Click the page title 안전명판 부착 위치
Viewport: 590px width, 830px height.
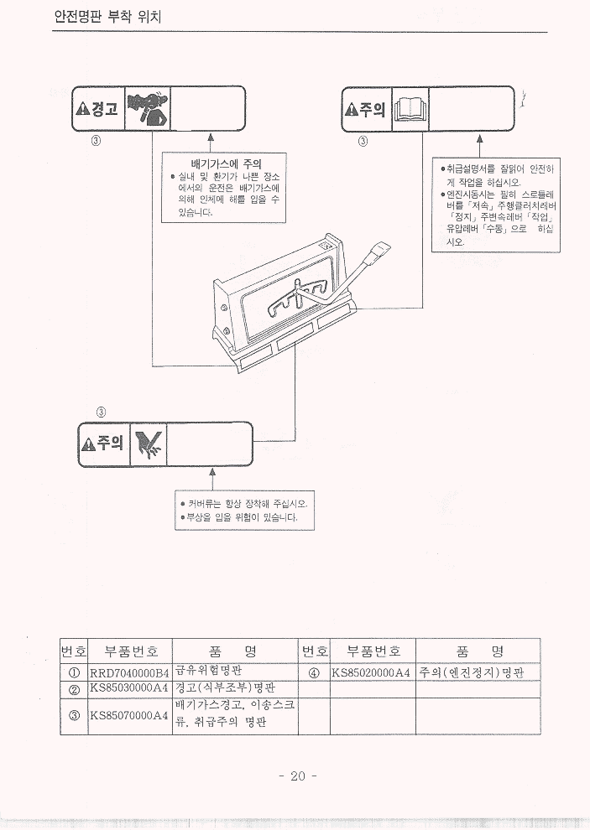click(107, 16)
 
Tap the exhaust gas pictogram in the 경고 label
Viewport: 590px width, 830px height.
click(147, 109)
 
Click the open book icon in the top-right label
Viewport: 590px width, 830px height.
click(410, 110)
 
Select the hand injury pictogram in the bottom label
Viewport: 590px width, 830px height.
click(150, 443)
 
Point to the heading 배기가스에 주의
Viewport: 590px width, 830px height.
click(225, 163)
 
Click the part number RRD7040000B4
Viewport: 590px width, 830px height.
click(129, 672)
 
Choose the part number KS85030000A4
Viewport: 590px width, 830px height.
click(129, 688)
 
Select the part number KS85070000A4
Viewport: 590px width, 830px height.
click(129, 715)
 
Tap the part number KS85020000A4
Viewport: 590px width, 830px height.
click(370, 672)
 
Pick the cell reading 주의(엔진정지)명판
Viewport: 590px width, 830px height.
click(473, 672)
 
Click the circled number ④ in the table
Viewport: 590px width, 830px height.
click(314, 672)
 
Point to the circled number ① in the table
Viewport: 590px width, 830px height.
click(74, 672)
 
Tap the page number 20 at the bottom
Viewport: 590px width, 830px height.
click(296, 776)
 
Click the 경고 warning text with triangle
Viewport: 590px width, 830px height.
click(97, 109)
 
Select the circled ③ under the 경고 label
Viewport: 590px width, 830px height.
click(96, 140)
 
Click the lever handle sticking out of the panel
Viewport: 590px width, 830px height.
click(379, 249)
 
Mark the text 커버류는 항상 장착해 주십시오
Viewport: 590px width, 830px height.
click(243, 504)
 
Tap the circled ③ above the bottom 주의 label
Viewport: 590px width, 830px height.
click(101, 412)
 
